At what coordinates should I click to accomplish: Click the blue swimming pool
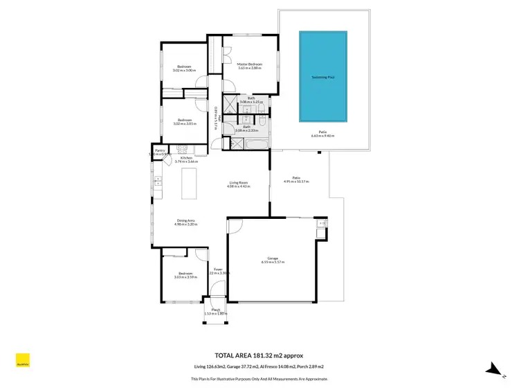322,75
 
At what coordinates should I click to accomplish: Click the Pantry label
159,150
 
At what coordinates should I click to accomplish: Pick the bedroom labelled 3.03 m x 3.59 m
185,275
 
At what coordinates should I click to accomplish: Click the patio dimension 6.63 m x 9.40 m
322,136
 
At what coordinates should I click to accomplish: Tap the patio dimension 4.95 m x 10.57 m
296,179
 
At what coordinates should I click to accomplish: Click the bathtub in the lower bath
253,144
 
